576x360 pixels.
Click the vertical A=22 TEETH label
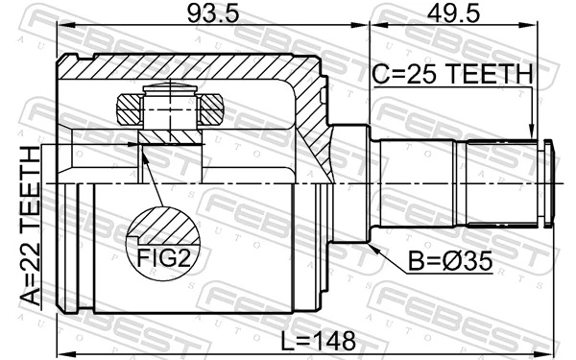point(33,227)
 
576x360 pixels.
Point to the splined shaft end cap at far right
point(549,182)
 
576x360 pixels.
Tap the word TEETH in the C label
point(489,74)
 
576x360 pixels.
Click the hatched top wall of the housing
point(192,69)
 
